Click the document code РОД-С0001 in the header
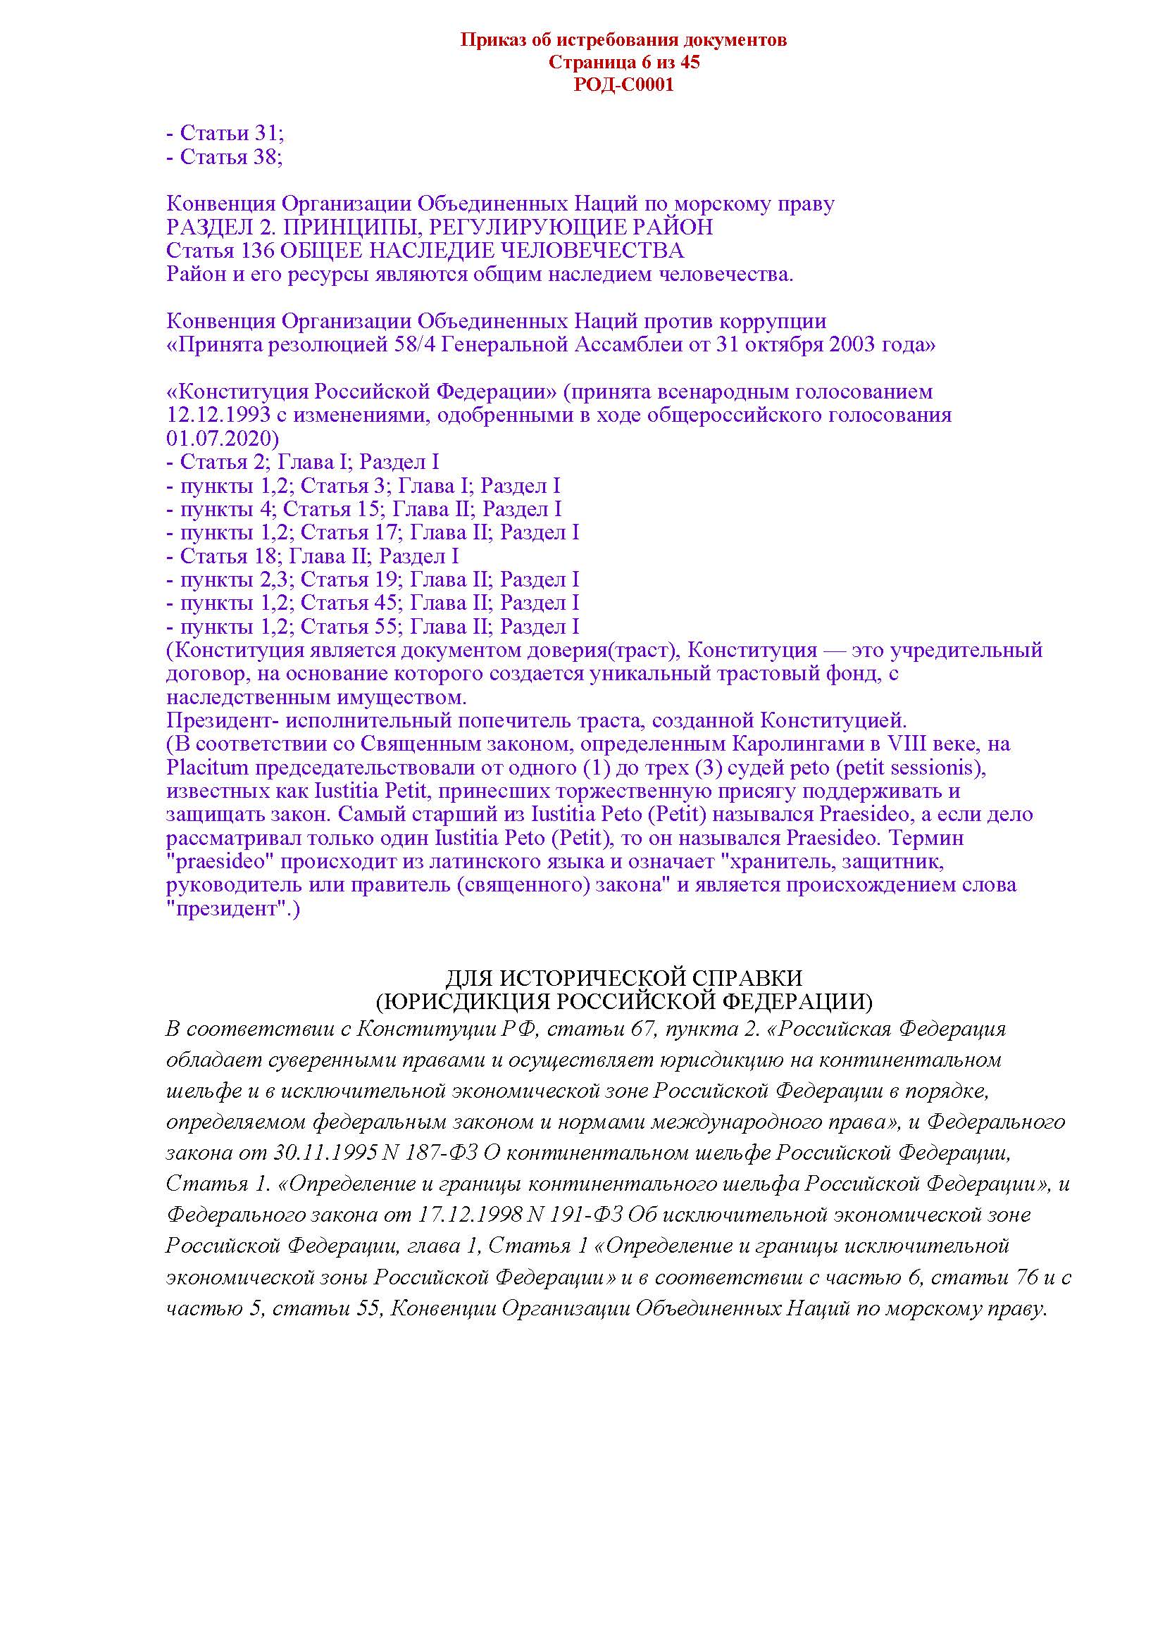(x=623, y=85)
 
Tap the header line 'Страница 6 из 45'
(x=623, y=63)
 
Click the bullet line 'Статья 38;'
(x=224, y=156)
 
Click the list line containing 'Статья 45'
(x=373, y=603)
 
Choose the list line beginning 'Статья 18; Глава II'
(x=312, y=556)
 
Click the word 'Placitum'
(x=207, y=768)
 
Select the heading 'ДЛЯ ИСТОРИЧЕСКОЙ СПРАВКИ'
(x=623, y=979)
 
